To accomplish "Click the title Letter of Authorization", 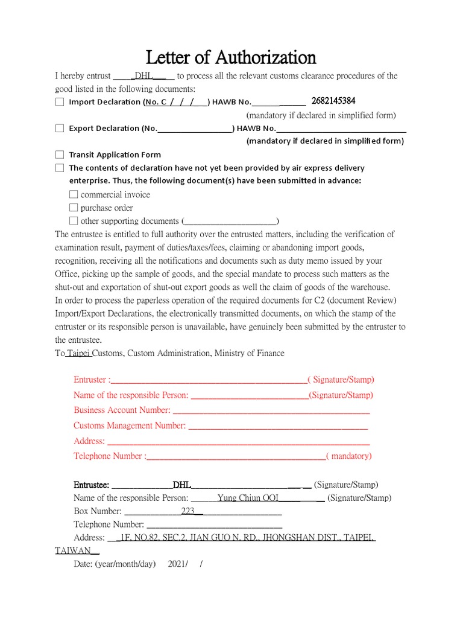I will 231,57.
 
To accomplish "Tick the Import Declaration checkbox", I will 60,102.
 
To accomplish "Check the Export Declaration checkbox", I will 60,129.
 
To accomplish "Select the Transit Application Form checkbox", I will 60,155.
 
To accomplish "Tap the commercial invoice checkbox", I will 74,195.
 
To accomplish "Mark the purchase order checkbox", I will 74,208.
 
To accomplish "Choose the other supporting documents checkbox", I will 74,221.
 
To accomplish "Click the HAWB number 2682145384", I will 333,101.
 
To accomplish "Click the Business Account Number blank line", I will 270,410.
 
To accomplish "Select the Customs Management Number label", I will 130,425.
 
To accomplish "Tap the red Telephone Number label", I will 109,456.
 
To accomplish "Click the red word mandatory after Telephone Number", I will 351,456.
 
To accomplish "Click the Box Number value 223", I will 188,512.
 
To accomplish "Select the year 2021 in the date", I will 177,564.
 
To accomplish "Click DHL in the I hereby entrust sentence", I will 144,76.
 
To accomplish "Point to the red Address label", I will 89,441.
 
